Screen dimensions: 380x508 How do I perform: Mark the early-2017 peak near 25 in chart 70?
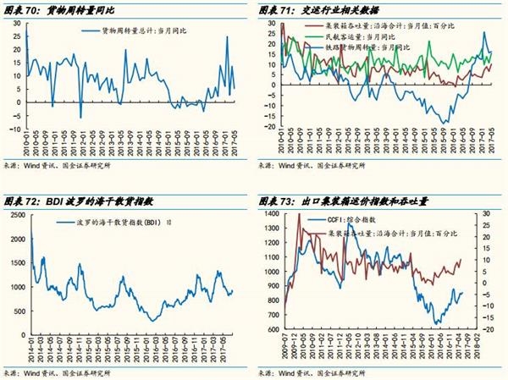tap(227, 37)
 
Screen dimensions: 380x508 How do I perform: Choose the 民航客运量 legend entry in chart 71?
tap(361, 39)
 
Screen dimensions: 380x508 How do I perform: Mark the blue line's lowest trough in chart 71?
tap(445, 124)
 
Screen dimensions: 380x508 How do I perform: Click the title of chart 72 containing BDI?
tap(80, 203)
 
